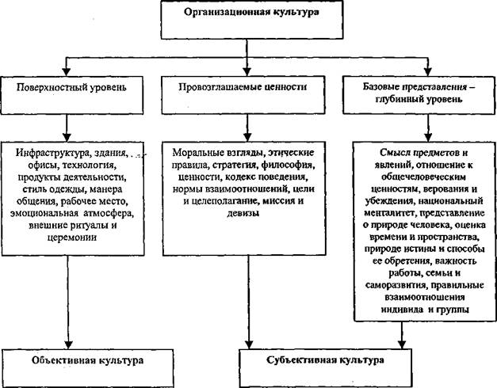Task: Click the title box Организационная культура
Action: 251,20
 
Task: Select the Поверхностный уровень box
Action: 71,95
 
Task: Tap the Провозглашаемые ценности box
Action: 243,95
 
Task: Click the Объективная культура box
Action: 87,368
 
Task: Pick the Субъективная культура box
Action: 326,368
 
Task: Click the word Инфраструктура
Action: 52,153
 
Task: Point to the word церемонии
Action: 72,238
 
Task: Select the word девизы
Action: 243,213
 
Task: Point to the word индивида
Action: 402,309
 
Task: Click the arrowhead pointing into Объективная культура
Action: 68,345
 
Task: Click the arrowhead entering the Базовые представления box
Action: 428,71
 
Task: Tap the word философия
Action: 288,165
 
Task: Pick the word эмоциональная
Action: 44,213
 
